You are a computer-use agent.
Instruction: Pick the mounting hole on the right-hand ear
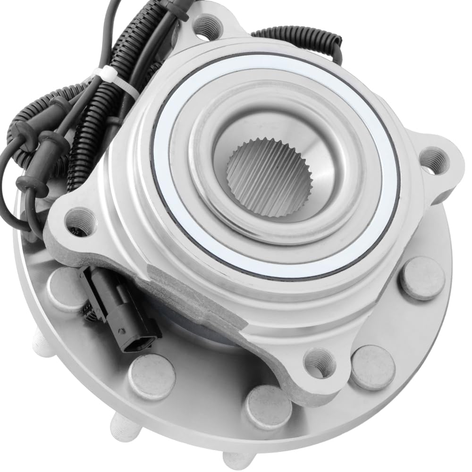pos(434,160)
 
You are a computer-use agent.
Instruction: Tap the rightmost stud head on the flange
pos(422,278)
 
